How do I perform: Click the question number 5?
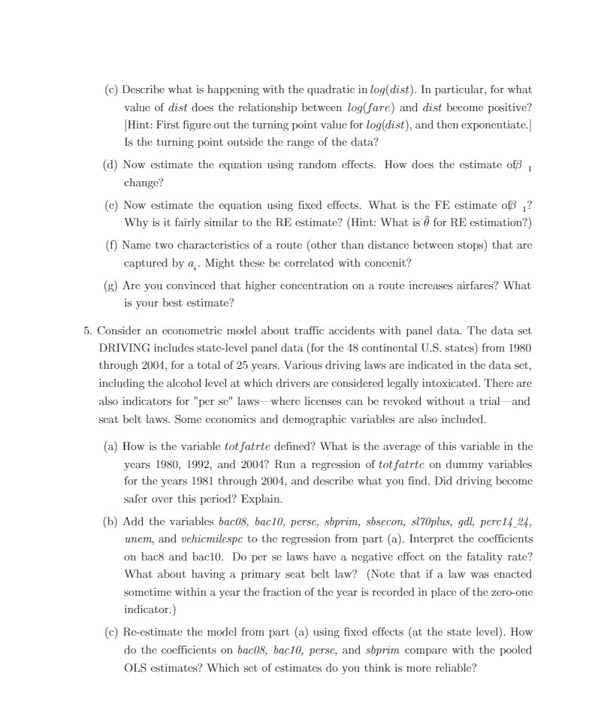87,331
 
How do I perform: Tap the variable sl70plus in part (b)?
430,521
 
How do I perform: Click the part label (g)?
110,286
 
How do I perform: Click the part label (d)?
110,165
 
